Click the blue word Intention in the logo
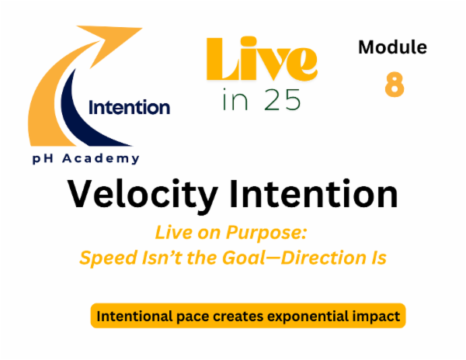point(130,108)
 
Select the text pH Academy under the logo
point(85,158)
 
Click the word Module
point(392,47)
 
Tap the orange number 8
point(394,85)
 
